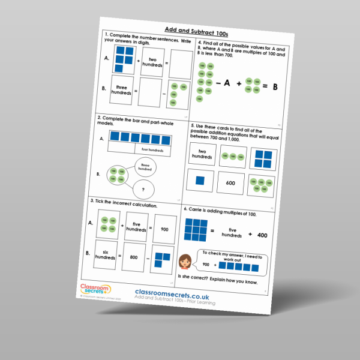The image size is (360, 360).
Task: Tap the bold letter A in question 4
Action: coord(228,84)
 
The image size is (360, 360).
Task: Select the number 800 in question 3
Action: coord(138,256)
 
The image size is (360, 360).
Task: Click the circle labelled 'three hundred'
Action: coord(145,167)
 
